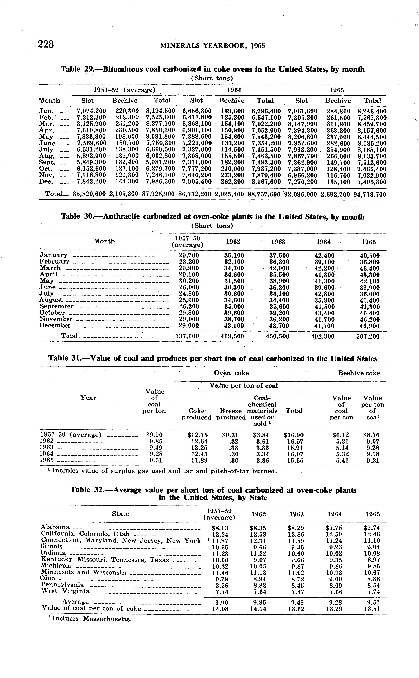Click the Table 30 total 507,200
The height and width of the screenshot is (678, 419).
368,336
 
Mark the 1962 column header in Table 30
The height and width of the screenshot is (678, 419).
233,242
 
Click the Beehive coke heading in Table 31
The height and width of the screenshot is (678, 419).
359,373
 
